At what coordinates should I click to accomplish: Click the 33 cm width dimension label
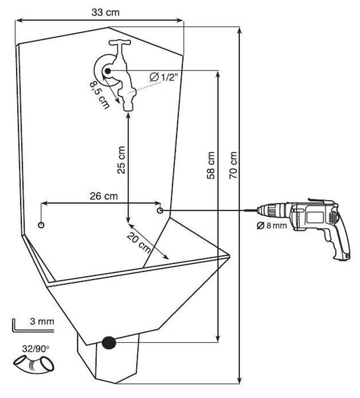(x=105, y=12)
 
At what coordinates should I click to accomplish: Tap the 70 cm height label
(x=233, y=165)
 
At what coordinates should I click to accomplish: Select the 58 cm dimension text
(x=211, y=165)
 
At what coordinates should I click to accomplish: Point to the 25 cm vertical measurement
(x=121, y=160)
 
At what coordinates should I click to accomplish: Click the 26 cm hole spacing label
(x=104, y=196)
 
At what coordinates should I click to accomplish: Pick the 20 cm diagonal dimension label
(x=139, y=243)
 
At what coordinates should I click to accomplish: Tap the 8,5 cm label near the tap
(x=100, y=95)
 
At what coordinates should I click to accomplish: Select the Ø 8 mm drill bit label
(x=272, y=225)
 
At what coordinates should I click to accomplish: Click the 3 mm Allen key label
(x=42, y=321)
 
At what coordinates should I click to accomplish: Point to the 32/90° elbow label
(x=35, y=349)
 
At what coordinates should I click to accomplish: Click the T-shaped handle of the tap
(x=120, y=42)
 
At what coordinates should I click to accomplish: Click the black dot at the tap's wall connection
(x=108, y=71)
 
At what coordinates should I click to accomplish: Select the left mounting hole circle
(x=41, y=225)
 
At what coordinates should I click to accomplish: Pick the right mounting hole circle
(x=160, y=210)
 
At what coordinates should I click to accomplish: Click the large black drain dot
(x=109, y=343)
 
